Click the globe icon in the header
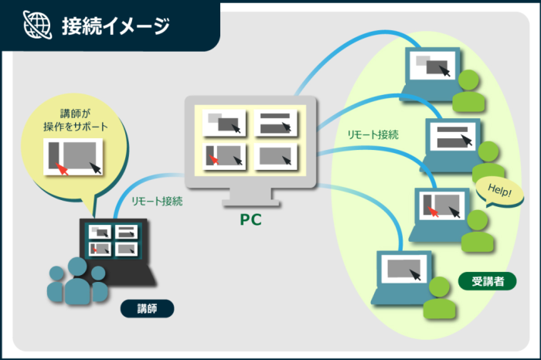tap(37, 25)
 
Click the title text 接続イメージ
tap(116, 25)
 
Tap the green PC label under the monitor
tap(251, 219)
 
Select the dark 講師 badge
tap(147, 308)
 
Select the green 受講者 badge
tap(487, 281)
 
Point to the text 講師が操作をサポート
tap(76, 120)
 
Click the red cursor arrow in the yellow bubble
tap(62, 170)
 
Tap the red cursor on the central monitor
tap(213, 160)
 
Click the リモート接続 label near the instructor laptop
tap(157, 201)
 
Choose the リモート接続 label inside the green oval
tap(373, 134)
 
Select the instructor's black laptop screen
tap(114, 239)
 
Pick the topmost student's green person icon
tap(468, 90)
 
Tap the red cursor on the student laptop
tap(433, 212)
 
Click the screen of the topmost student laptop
tap(432, 66)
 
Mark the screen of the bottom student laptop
tap(403, 269)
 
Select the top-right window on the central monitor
tap(275, 123)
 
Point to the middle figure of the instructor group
tap(77, 281)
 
